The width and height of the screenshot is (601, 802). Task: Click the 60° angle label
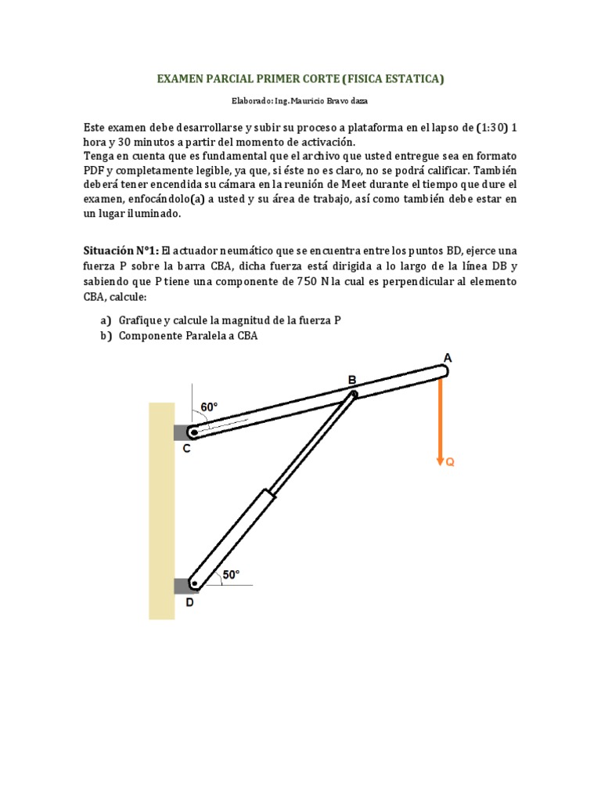tap(209, 407)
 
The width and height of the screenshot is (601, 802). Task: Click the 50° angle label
tap(231, 575)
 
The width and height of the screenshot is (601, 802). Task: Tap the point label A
tap(448, 358)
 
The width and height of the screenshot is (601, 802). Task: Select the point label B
tap(352, 381)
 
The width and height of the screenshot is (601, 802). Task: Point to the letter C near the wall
tap(186, 449)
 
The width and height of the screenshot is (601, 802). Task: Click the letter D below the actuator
tap(189, 603)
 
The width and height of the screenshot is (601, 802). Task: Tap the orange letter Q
tap(450, 463)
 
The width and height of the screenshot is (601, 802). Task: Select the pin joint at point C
tap(192, 432)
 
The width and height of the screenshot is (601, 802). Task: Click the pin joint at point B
tap(353, 394)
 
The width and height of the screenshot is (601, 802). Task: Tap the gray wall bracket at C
tap(180, 432)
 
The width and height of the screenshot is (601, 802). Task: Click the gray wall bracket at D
tap(180, 584)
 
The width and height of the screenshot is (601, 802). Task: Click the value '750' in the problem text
tap(306, 282)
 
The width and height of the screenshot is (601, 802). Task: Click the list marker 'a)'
tap(106, 320)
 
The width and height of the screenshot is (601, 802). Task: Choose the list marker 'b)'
tap(106, 336)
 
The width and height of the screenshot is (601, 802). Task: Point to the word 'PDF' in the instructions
tap(95, 170)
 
